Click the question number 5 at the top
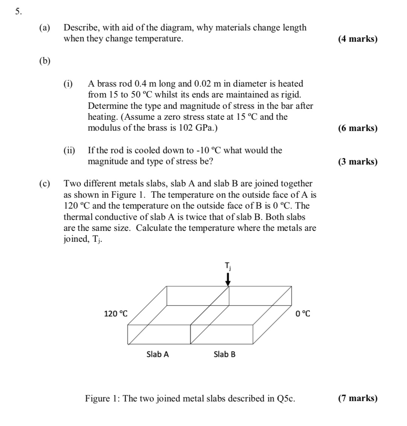click(18, 12)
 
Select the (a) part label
click(44, 28)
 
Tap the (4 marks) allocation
click(357, 39)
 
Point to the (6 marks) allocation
click(357, 128)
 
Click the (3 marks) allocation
click(357, 162)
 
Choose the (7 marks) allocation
click(357, 399)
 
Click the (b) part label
click(44, 61)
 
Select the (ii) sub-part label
click(69, 151)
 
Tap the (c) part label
click(44, 184)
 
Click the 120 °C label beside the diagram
click(115, 313)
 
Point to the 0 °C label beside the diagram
click(303, 313)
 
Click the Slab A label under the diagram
click(158, 354)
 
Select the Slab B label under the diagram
click(225, 354)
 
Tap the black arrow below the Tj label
click(228, 279)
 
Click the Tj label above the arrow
click(228, 266)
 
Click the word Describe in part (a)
click(80, 28)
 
